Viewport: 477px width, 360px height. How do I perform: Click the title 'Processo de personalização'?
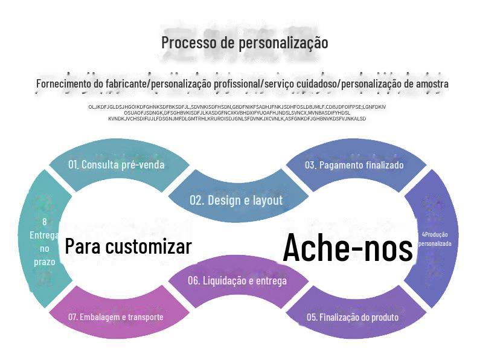[245, 43]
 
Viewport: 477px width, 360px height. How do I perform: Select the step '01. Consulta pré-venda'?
[116, 164]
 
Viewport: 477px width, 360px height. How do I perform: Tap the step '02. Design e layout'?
[236, 200]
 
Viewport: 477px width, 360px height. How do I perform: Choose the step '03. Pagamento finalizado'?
[354, 165]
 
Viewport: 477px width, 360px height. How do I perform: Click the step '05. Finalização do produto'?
[353, 317]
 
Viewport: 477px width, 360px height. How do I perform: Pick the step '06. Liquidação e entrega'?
[237, 280]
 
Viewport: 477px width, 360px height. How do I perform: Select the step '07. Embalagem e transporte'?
[115, 317]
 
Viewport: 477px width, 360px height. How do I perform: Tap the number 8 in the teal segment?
[45, 222]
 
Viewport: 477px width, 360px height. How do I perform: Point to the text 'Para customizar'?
[128, 246]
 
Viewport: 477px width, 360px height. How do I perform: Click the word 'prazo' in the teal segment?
[45, 262]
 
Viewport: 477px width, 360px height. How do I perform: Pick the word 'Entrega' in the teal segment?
[45, 235]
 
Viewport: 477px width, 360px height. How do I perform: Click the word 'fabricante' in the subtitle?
[126, 83]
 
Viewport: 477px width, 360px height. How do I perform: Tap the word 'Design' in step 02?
[225, 200]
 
